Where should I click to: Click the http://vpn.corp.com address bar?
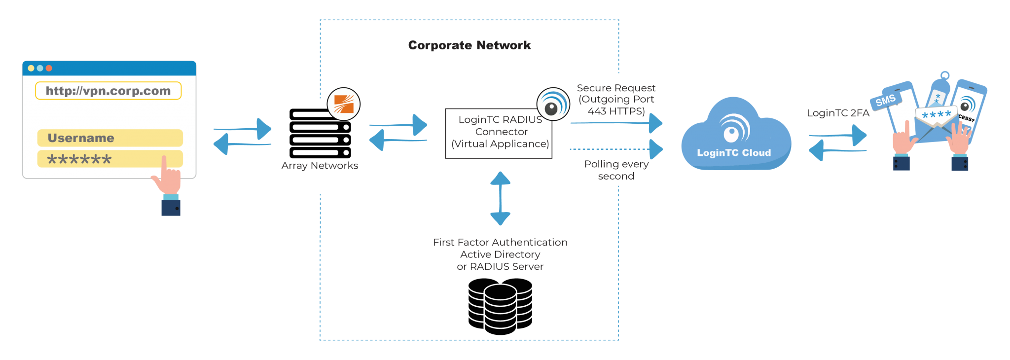click(108, 91)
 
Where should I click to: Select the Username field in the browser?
click(110, 138)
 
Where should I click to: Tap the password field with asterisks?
click(99, 159)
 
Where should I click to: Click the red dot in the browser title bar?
click(49, 68)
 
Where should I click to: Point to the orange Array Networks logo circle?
click(344, 105)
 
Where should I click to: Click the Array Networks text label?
click(320, 166)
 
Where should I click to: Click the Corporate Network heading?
click(469, 45)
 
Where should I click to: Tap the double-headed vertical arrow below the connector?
click(500, 198)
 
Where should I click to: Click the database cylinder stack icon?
click(500, 306)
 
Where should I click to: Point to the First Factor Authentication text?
click(500, 243)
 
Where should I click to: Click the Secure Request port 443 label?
click(616, 100)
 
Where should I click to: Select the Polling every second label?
click(616, 170)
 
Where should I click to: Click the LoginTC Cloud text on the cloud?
click(733, 153)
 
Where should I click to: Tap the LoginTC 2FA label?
click(837, 113)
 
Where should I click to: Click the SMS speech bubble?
click(886, 101)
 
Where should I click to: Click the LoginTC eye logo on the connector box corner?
click(553, 104)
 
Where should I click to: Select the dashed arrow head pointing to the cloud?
click(656, 149)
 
